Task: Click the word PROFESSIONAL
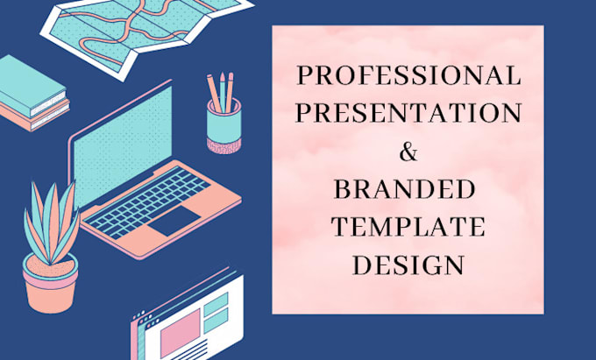click(408, 75)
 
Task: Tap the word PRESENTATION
click(408, 113)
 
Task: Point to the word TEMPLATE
click(408, 226)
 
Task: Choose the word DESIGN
click(408, 265)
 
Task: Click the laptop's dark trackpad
click(174, 221)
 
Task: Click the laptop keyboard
click(146, 203)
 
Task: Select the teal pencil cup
click(223, 125)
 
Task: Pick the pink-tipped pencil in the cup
click(230, 92)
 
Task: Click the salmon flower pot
click(51, 286)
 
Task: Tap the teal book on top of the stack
click(32, 86)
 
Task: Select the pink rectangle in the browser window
click(181, 333)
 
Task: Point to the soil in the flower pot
click(51, 265)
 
